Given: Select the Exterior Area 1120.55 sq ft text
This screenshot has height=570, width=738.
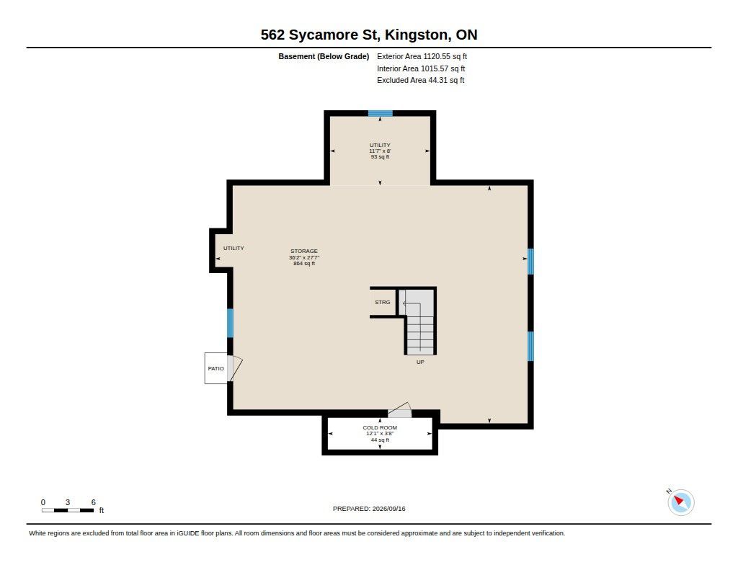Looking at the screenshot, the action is pyautogui.click(x=422, y=56).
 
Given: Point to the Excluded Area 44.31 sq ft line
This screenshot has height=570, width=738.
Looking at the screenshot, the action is pyautogui.click(x=420, y=81).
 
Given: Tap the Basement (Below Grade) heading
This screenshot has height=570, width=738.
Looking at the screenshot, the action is pyautogui.click(x=324, y=56).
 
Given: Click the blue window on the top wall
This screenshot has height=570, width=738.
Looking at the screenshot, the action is pyautogui.click(x=381, y=113).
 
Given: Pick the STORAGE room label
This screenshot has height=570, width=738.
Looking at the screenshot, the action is pyautogui.click(x=304, y=251).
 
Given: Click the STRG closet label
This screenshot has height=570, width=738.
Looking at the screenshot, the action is pyautogui.click(x=382, y=302).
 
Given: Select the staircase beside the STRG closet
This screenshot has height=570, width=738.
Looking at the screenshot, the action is pyautogui.click(x=418, y=321).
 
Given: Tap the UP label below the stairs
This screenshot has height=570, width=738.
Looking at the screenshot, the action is pyautogui.click(x=420, y=362).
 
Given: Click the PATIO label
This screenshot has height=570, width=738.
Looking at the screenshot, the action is pyautogui.click(x=216, y=368).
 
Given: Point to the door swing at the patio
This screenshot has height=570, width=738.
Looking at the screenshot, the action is pyautogui.click(x=235, y=368).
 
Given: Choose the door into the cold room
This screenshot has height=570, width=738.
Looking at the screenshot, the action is pyautogui.click(x=399, y=411).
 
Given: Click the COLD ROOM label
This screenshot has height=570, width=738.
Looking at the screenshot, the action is pyautogui.click(x=380, y=428).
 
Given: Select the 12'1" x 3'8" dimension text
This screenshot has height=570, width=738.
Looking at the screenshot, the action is pyautogui.click(x=380, y=434).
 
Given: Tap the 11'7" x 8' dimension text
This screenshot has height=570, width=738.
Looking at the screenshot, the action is pyautogui.click(x=380, y=151).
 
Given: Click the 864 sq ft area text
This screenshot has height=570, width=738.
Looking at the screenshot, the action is pyautogui.click(x=304, y=264).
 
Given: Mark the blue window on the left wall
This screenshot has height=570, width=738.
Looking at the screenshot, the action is pyautogui.click(x=230, y=323).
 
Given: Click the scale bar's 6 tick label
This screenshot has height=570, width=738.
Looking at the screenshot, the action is pyautogui.click(x=93, y=502).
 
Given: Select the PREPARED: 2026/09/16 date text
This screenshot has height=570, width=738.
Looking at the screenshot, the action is pyautogui.click(x=369, y=509).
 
